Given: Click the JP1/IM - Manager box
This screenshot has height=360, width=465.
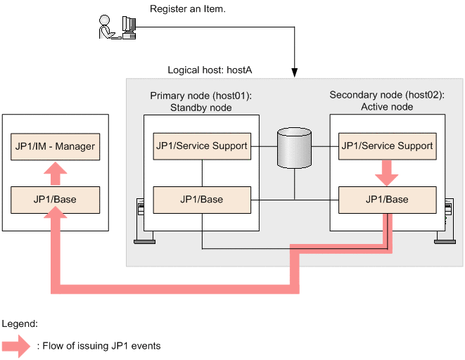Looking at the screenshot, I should [x=55, y=147].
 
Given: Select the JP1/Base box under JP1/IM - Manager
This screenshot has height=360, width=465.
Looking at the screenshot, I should [x=55, y=200].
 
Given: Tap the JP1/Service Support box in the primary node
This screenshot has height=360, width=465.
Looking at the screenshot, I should [x=201, y=146].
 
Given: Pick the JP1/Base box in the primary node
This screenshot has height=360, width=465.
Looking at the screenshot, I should [x=201, y=200].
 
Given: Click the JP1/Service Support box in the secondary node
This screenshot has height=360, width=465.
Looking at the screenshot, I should [x=387, y=146].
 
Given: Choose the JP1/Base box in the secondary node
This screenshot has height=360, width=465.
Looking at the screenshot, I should [x=387, y=200].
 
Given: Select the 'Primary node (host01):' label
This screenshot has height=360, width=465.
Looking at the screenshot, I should [x=201, y=95].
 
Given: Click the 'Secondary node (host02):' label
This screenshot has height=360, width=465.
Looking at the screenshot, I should [x=387, y=95].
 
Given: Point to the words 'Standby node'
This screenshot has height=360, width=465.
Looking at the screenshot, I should [x=201, y=108].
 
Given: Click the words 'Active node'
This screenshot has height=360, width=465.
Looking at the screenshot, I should [x=387, y=107].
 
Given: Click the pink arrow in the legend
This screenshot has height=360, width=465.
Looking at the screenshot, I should [x=16, y=345].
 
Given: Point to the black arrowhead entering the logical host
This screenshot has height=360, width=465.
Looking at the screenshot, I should [x=294, y=72].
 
